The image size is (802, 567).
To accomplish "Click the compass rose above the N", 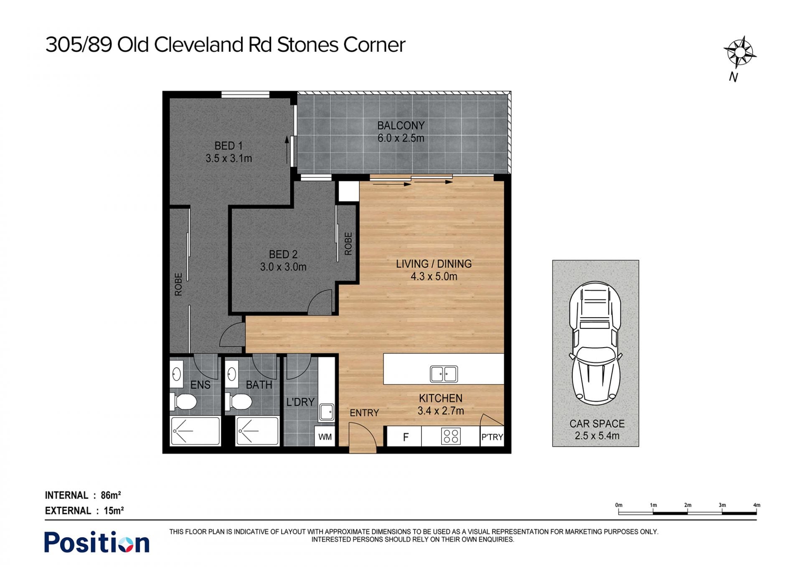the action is coord(740,53).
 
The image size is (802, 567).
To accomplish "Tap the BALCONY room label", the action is coord(401,125).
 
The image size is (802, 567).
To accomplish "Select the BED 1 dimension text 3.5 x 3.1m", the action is coord(228,158).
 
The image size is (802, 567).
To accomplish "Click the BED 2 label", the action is coord(283,254).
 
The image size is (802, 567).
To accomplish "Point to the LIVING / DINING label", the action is coord(434,264).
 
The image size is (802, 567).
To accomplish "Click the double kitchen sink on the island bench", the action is coord(444,374).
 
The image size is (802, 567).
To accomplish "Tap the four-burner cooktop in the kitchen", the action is coord(451,436).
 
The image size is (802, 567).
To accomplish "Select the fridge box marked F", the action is coord(405,437).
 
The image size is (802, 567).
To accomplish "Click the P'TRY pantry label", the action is coord(492,437).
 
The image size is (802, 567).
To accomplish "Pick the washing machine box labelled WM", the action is coord(325,437).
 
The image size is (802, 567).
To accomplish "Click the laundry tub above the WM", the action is coord(327,412).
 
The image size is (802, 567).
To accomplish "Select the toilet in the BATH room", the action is coord(238,402).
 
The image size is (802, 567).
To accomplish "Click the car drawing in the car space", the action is coord(595,343).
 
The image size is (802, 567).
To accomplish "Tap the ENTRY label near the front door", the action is coord(364,413).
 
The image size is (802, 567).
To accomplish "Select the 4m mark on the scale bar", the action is coord(756,505).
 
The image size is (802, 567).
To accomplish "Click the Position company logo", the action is coord(97,542).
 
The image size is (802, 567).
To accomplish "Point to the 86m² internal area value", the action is coord(111,495).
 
